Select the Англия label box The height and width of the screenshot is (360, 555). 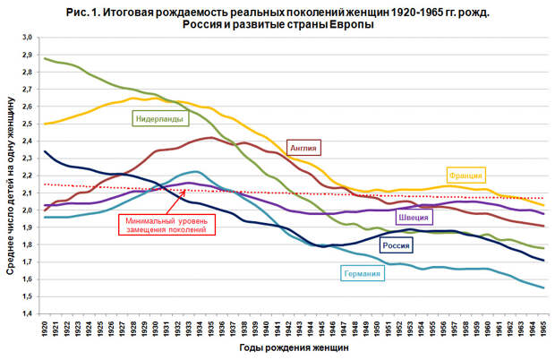(x=303, y=148)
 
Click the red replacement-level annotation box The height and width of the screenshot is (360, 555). (x=165, y=224)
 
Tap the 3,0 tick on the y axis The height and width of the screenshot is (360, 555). (x=27, y=38)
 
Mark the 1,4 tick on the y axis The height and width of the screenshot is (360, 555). (x=27, y=313)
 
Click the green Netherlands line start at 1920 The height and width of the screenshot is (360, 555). (x=45, y=58)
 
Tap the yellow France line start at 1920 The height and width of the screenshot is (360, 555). (x=45, y=124)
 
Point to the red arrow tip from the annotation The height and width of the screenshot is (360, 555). (x=186, y=191)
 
